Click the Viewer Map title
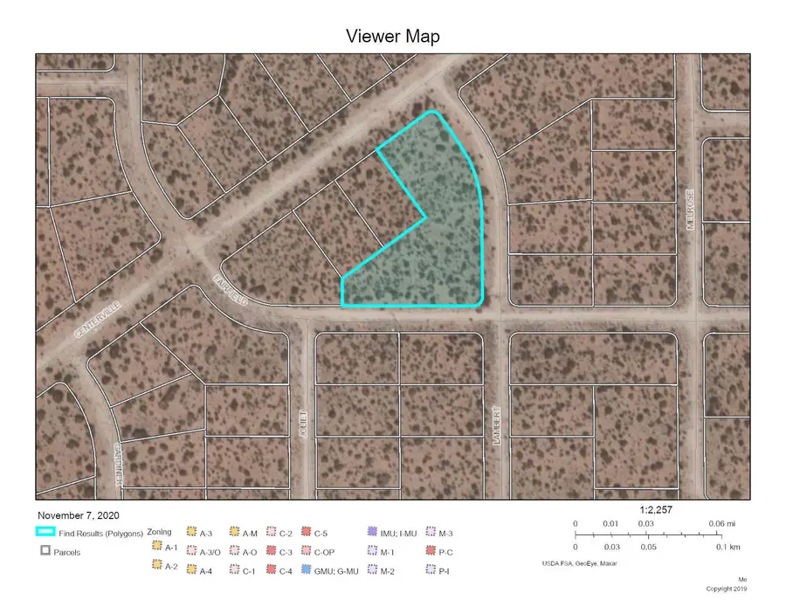(x=392, y=36)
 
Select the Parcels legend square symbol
(x=44, y=552)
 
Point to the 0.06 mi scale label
(x=714, y=523)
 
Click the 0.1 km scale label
(x=716, y=547)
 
